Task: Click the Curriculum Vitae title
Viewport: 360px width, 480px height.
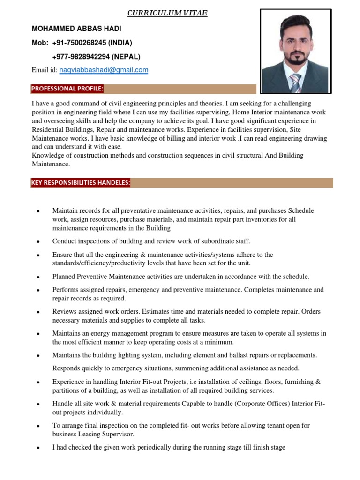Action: pyautogui.click(x=168, y=13)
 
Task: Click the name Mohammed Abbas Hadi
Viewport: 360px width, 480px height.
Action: pyautogui.click(x=76, y=29)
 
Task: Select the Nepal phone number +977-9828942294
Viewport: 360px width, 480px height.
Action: pyautogui.click(x=96, y=57)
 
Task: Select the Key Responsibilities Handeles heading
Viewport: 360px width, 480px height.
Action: pyautogui.click(x=81, y=183)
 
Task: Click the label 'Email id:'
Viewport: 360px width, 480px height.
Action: pyautogui.click(x=45, y=70)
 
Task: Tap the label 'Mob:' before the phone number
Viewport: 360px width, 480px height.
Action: pyautogui.click(x=40, y=43)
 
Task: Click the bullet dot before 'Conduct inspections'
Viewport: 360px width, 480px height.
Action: pyautogui.click(x=37, y=242)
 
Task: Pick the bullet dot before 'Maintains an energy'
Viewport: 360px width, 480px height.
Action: pyautogui.click(x=37, y=334)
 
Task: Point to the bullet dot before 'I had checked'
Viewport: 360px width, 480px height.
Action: pyautogui.click(x=37, y=448)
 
